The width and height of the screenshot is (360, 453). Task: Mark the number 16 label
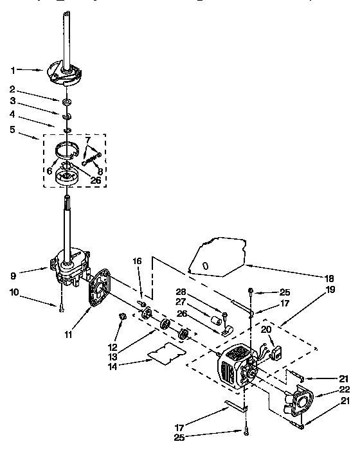[x=136, y=261]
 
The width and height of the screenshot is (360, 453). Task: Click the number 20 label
[x=265, y=328]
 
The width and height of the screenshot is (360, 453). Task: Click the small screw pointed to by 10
[x=61, y=310]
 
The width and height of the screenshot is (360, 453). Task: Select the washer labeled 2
[x=67, y=102]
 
